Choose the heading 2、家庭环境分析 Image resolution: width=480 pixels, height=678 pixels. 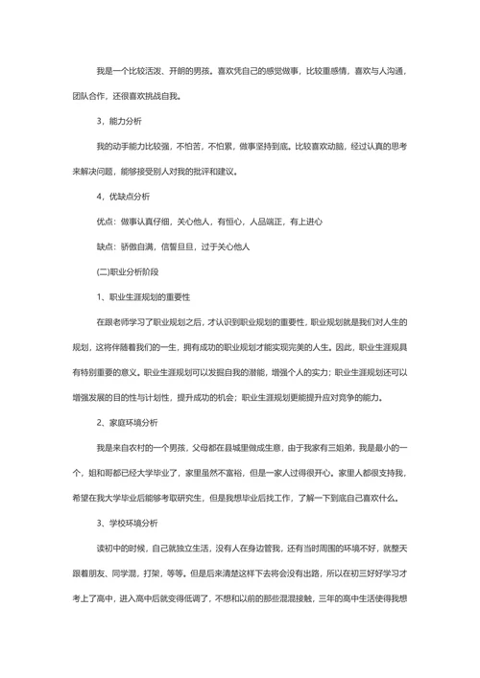[128, 422]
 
